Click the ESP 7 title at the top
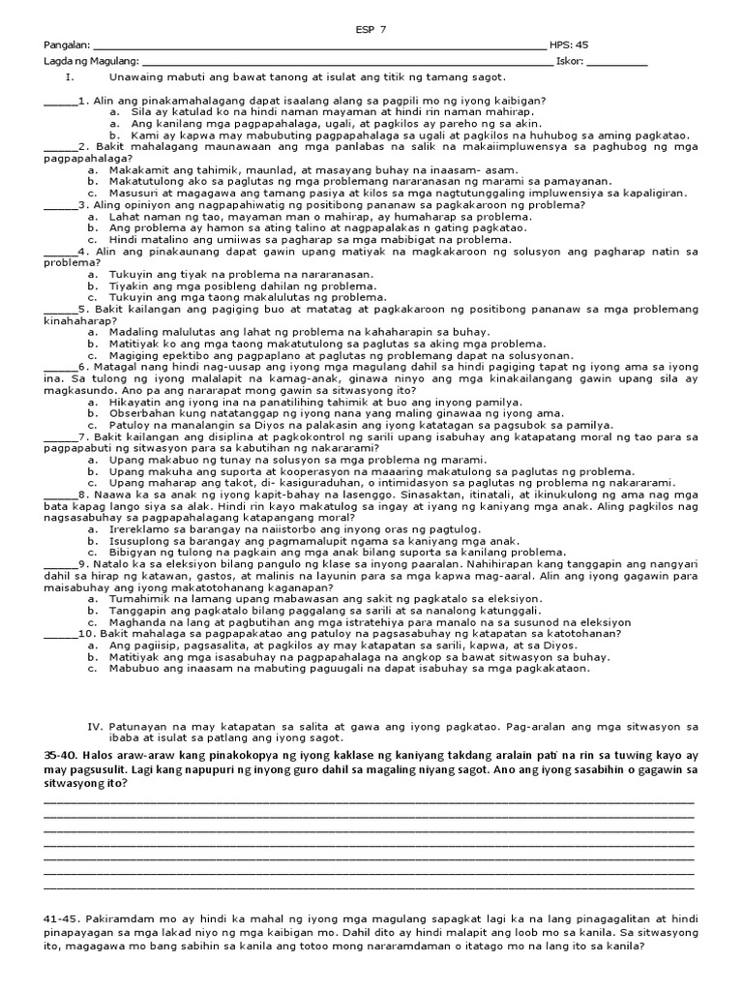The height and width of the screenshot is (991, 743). pyautogui.click(x=371, y=30)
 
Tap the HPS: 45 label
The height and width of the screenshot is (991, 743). pyautogui.click(x=569, y=45)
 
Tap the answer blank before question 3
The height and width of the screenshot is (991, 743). pyautogui.click(x=59, y=206)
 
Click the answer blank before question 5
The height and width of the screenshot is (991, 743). pyautogui.click(x=59, y=311)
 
